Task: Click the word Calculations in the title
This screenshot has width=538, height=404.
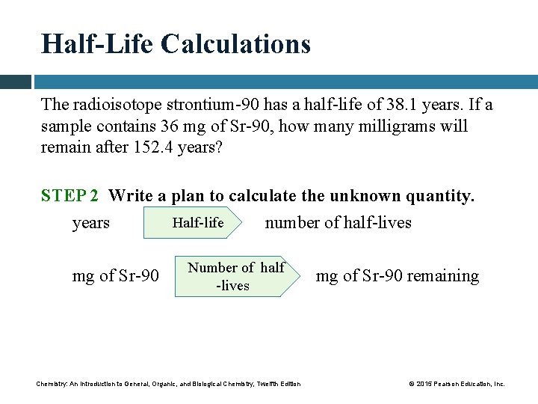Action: pyautogui.click(x=235, y=44)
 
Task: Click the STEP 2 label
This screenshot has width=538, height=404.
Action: pyautogui.click(x=69, y=196)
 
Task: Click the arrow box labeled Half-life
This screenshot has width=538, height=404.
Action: pyautogui.click(x=195, y=223)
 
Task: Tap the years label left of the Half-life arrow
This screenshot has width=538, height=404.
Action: pyautogui.click(x=91, y=223)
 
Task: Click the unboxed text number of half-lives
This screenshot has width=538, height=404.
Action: pyautogui.click(x=338, y=223)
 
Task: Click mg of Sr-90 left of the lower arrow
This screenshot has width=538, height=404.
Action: pyautogui.click(x=115, y=276)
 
